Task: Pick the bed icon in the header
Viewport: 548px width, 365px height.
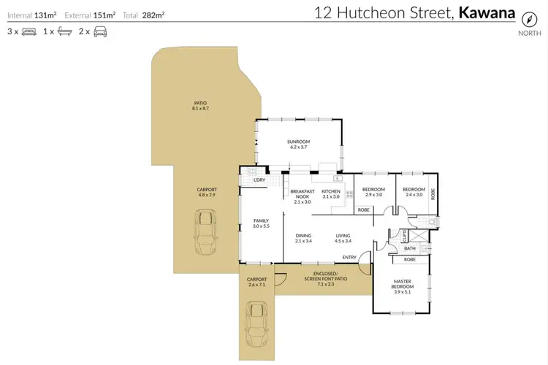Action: point(29,32)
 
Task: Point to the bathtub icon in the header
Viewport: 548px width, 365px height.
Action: point(64,32)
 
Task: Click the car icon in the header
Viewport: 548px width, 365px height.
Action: point(99,32)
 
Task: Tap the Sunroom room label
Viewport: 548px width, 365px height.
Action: point(300,145)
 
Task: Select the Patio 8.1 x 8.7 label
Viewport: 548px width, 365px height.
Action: point(200,106)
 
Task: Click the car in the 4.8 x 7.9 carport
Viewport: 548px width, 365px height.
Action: point(207,228)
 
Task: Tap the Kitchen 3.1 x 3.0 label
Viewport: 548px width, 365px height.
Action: point(331,194)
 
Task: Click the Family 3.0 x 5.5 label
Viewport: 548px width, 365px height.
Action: point(261,223)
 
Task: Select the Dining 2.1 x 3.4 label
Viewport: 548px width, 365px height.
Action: point(304,238)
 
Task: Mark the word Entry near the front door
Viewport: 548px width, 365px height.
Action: point(349,257)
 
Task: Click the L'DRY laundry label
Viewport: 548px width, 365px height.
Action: point(258,180)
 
